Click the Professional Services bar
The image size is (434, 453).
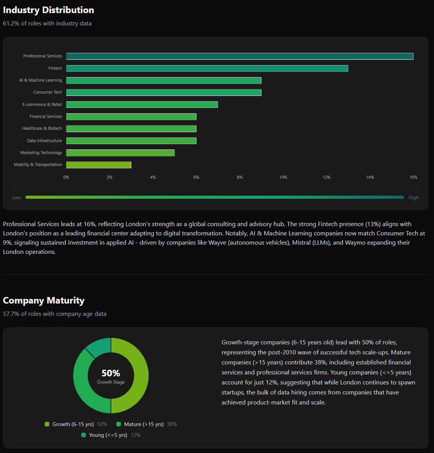point(240,56)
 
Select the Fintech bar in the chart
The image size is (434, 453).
point(207,68)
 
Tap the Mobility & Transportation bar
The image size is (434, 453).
point(99,165)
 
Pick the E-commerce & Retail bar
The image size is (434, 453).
point(142,104)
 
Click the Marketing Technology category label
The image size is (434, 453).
point(41,153)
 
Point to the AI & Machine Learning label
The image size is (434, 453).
point(40,80)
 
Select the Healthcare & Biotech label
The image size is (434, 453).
point(42,128)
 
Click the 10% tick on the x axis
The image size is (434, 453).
point(283,177)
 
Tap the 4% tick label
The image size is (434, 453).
point(153,177)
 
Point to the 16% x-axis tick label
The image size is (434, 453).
point(413,177)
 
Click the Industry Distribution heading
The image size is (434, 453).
point(49,10)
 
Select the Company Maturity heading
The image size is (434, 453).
point(44,300)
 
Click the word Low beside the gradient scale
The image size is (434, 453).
point(17,198)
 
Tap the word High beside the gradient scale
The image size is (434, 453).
point(413,198)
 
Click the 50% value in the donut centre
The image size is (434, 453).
point(111,373)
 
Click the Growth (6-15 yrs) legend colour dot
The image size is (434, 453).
point(47,424)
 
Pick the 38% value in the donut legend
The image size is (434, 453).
point(172,424)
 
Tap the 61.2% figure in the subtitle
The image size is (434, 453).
point(11,23)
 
